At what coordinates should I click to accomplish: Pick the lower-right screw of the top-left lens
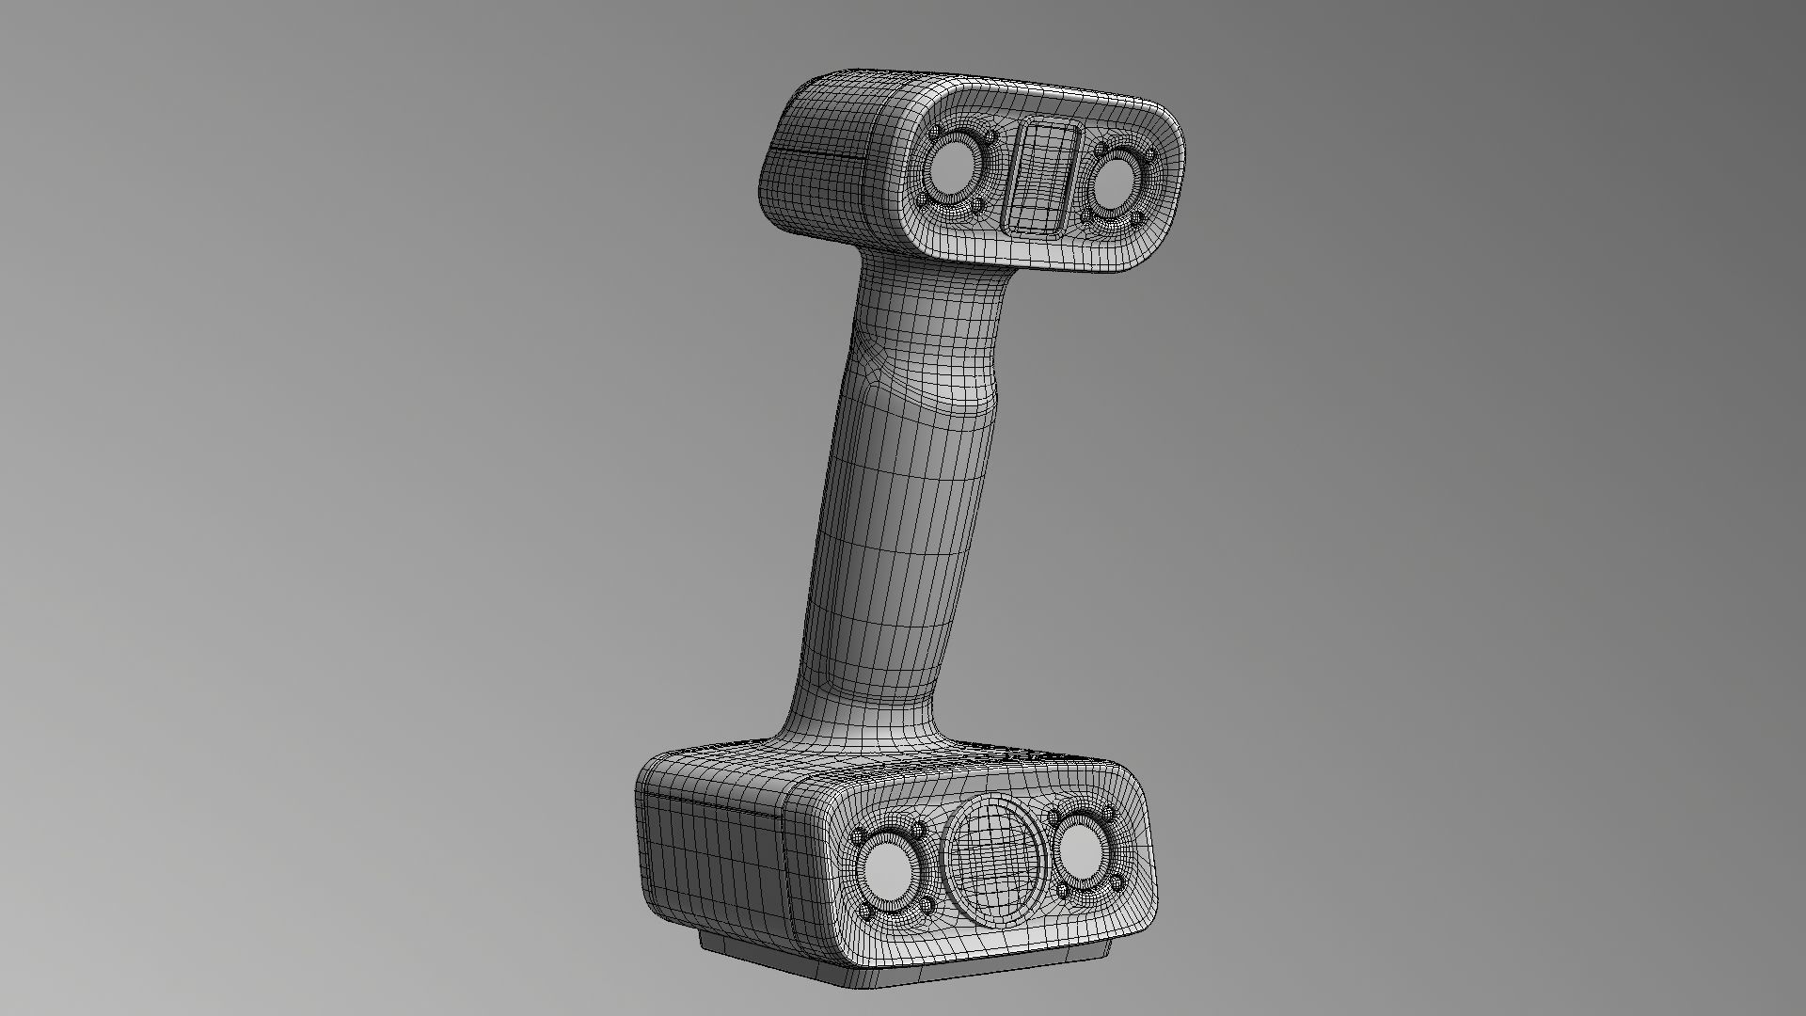(976, 203)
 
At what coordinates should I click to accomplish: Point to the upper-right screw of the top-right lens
(1149, 153)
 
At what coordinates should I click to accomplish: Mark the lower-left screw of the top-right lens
(1087, 217)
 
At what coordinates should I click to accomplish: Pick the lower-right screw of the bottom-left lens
(927, 906)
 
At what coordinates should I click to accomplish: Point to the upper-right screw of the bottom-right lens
(1108, 813)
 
